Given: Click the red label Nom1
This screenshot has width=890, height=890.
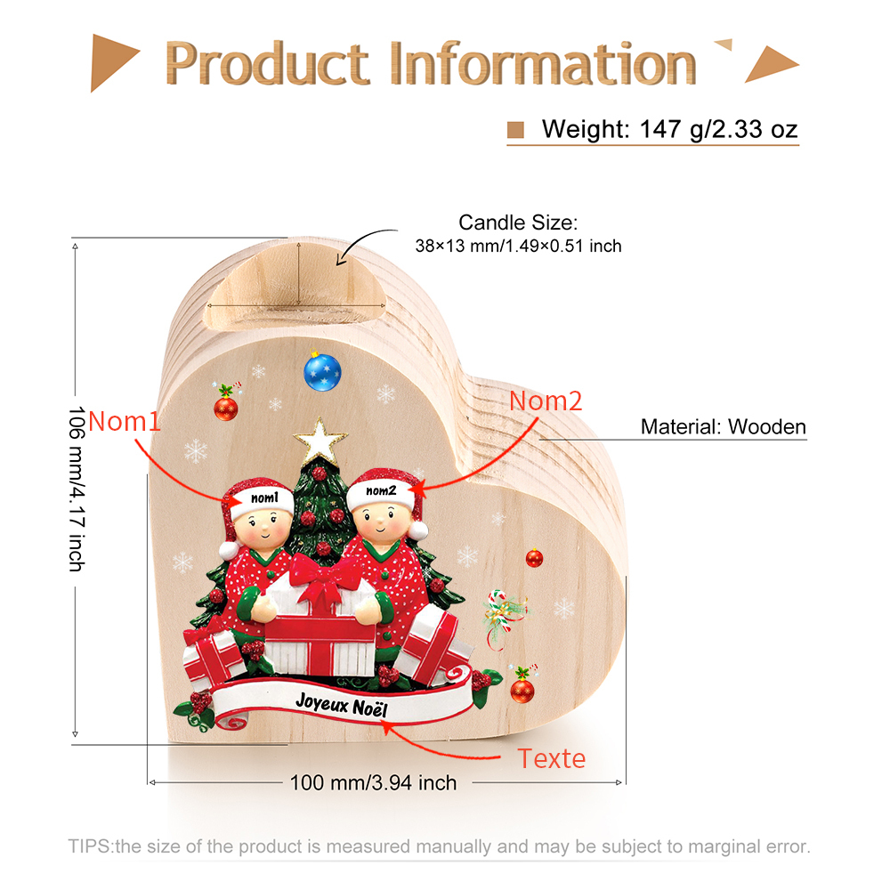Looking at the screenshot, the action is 125,422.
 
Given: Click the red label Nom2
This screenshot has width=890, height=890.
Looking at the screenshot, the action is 546,401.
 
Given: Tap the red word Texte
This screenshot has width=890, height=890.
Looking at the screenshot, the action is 551,759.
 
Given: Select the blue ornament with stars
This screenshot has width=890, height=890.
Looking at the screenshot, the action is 322,372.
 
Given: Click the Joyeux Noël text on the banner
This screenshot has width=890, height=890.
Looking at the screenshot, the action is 342,705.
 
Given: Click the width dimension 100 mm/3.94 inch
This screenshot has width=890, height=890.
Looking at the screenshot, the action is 373,782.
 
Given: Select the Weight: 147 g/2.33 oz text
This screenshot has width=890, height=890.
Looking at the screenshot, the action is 669,129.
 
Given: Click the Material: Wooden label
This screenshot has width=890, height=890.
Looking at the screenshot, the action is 723,426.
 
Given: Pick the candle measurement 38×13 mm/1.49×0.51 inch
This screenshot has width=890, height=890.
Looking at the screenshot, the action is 518,246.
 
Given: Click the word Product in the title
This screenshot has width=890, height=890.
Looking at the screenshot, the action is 267,63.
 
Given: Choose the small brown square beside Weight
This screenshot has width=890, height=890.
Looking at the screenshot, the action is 515,130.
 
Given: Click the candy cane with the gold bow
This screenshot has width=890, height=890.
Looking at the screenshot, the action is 502,616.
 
